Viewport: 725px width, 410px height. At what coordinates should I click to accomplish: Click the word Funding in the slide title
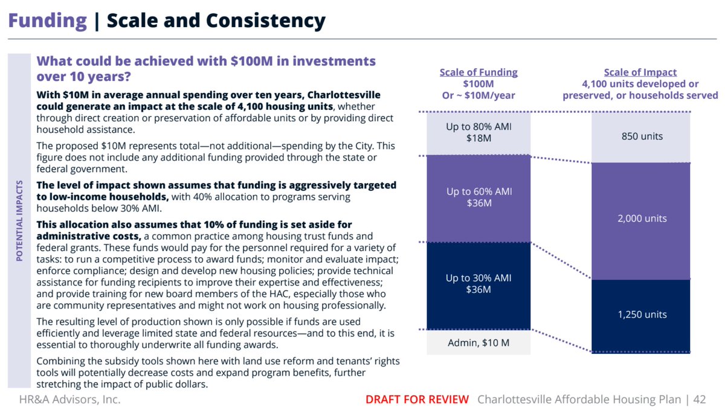[x=47, y=21]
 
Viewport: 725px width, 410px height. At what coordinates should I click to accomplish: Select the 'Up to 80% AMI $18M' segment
[x=478, y=133]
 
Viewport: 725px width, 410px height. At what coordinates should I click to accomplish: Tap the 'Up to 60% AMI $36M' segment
[x=478, y=197]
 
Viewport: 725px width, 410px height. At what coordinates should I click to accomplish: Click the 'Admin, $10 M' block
[x=478, y=342]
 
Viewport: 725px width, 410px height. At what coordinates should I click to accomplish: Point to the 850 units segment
[x=642, y=136]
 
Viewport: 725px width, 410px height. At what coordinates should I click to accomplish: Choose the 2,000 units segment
[x=642, y=219]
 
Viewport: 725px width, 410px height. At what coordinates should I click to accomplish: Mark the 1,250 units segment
[x=642, y=315]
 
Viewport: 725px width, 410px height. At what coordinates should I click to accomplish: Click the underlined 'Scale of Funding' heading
[x=478, y=73]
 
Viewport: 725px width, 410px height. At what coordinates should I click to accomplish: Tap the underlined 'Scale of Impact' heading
[x=640, y=73]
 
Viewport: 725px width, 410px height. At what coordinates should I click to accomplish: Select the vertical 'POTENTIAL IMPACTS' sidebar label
[x=20, y=220]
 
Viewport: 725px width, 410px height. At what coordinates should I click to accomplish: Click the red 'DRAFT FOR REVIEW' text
[x=417, y=399]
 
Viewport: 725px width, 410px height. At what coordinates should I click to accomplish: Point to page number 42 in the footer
[x=700, y=399]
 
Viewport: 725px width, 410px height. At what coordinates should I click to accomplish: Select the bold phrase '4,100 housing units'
[x=285, y=107]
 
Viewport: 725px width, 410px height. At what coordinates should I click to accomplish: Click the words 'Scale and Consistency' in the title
[x=216, y=21]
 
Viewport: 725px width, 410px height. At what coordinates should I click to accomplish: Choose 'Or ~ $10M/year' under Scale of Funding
[x=478, y=95]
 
